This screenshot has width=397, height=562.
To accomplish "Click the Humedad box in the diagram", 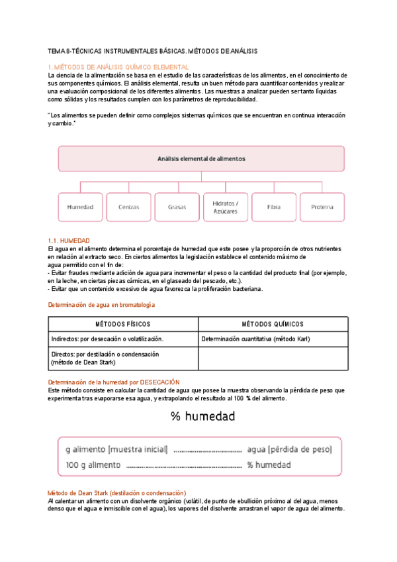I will tap(80, 207).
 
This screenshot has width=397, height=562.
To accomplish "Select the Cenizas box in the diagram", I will tap(128, 207).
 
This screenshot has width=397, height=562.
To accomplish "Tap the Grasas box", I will tap(177, 207).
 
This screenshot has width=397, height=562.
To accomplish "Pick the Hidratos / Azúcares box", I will tap(226, 207).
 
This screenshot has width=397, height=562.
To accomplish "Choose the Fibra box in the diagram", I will tap(273, 207).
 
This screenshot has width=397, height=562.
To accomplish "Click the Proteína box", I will tap(322, 207).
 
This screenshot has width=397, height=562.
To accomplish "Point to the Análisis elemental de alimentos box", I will tap(201, 159).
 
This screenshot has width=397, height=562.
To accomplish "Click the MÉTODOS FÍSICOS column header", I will tap(122, 324).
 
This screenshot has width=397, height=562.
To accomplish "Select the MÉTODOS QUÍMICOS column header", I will tap(273, 324).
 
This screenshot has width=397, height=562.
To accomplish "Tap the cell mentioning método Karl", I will tap(273, 339).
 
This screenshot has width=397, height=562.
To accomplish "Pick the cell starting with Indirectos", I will tap(122, 339).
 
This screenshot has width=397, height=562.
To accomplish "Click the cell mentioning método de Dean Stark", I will tap(122, 359).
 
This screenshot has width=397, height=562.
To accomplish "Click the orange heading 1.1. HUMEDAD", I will tap(69, 240).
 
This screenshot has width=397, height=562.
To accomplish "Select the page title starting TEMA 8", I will tap(153, 51).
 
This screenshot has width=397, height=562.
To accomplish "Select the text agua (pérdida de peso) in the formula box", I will tap(289, 449).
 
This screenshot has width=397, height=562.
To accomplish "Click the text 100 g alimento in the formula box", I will tap(93, 465).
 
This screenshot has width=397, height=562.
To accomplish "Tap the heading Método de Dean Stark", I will tap(117, 493).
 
